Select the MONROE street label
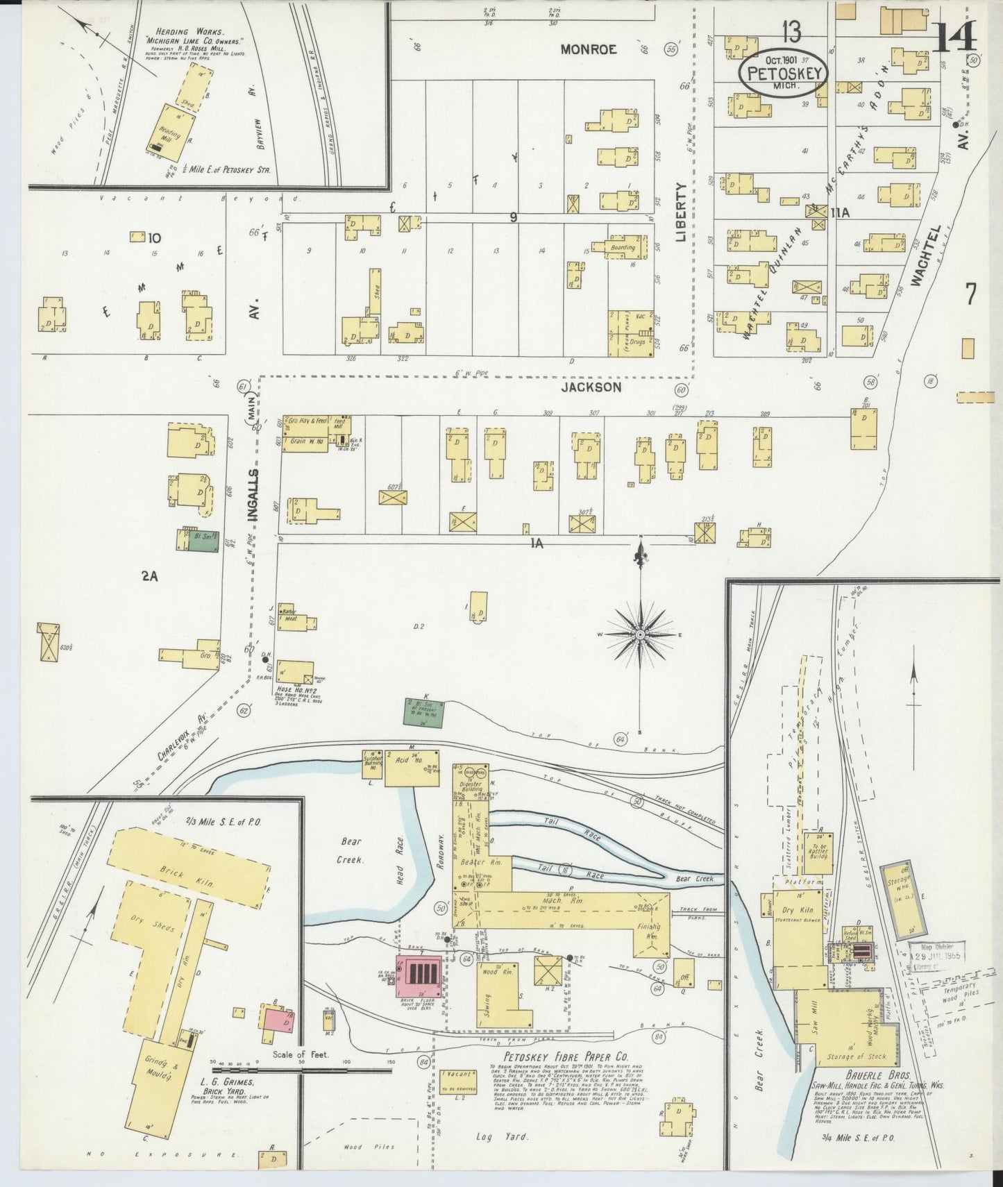[589, 49]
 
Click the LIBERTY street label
[681, 212]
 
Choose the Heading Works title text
[174, 32]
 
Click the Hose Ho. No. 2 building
[294, 673]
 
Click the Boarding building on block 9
[623, 248]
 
